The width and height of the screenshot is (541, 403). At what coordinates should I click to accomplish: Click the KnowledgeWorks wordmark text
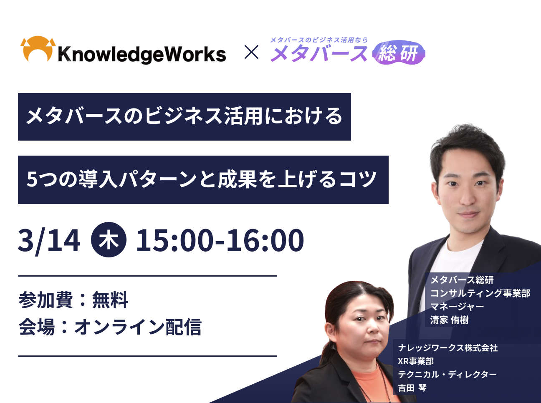pos(142,54)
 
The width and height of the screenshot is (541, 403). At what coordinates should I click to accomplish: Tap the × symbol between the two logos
pos(251,52)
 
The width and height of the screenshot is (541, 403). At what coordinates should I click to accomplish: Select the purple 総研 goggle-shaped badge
pos(399,53)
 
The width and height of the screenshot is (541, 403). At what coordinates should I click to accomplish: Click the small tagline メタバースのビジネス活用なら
pos(319,40)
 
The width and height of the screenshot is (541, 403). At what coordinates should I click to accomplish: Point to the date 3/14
pos(49,240)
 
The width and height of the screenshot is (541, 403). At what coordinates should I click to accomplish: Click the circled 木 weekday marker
pos(109,240)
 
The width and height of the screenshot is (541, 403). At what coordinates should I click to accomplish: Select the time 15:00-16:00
pos(220,240)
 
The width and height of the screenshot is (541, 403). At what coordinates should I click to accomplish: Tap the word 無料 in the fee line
pos(110,300)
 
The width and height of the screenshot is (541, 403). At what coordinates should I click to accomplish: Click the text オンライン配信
pos(138,327)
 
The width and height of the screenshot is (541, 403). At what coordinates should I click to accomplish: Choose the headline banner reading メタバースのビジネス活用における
pos(185,117)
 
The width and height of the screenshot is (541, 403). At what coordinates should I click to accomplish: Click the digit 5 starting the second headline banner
pos(32,179)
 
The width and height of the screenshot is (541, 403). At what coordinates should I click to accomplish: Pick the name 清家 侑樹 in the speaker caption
pos(449,320)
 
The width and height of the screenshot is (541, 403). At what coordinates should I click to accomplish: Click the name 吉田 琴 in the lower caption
pos(412,388)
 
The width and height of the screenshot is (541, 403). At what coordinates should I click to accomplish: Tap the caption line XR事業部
pos(416,361)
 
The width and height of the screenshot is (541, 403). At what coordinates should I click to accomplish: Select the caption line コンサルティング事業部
pos(480,293)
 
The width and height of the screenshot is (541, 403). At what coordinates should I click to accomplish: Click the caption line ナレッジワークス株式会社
pos(448,348)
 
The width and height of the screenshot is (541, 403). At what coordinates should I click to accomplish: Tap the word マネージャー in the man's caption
pos(457,307)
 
